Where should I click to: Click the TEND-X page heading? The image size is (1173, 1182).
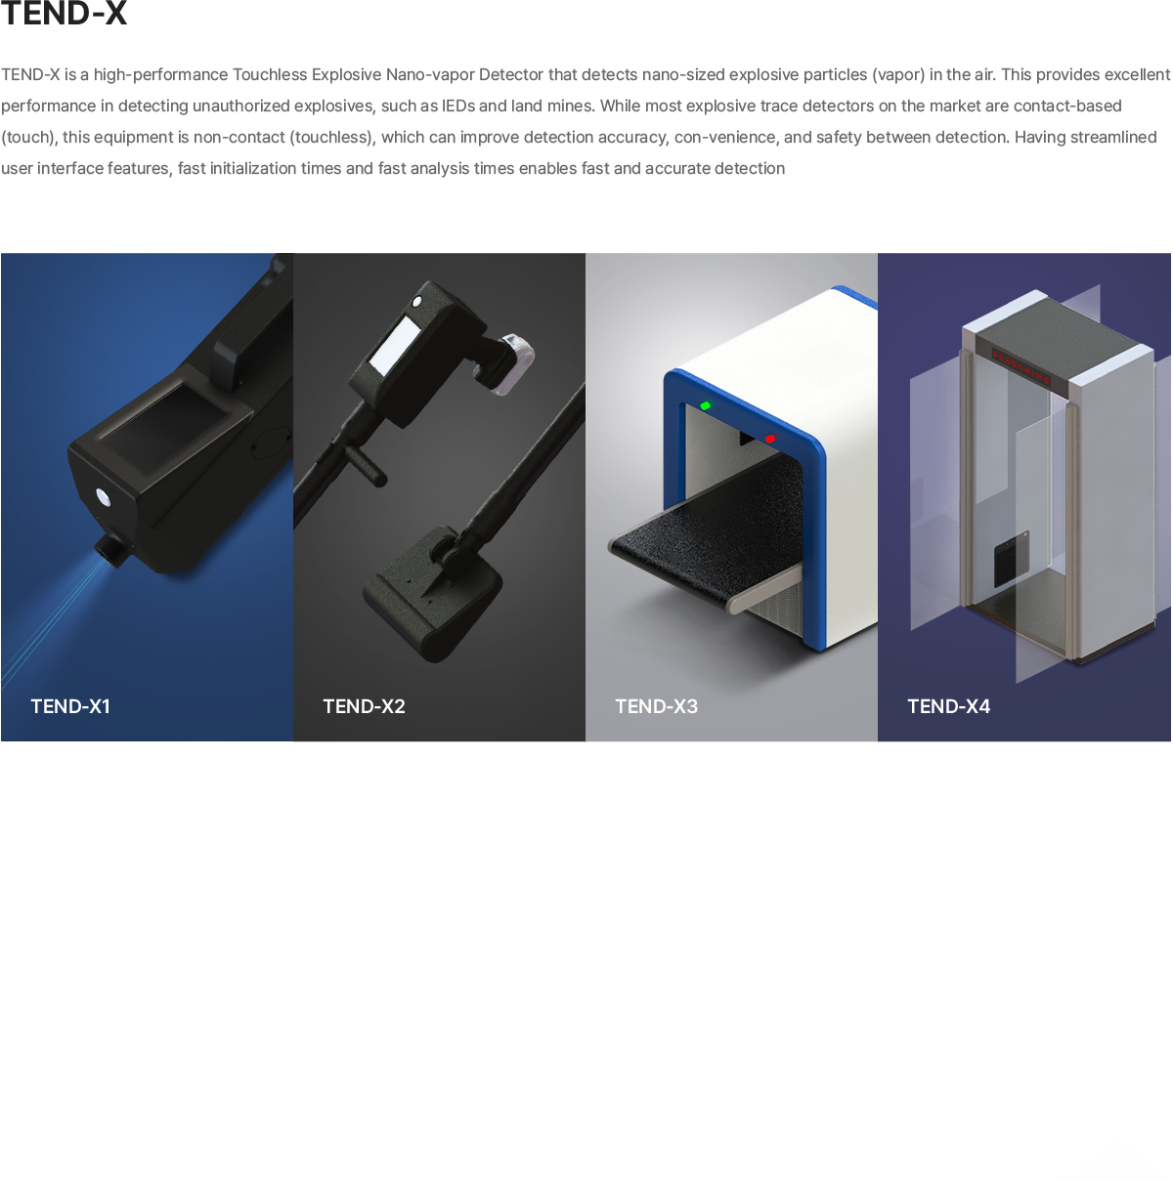(64, 13)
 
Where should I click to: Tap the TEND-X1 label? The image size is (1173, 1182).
(70, 706)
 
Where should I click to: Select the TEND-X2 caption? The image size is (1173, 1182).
(364, 706)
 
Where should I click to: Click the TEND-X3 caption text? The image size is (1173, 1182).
(656, 706)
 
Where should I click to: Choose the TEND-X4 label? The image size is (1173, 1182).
(948, 706)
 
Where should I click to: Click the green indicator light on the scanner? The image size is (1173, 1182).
(706, 405)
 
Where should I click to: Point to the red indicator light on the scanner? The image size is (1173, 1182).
(770, 439)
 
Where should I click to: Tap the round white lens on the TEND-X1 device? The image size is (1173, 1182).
(103, 497)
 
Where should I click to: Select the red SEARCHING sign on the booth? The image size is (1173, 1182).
(1021, 366)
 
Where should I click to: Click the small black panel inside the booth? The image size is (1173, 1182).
(1011, 558)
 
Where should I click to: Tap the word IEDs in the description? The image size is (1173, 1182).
(457, 106)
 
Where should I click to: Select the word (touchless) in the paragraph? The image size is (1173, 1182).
(330, 137)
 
